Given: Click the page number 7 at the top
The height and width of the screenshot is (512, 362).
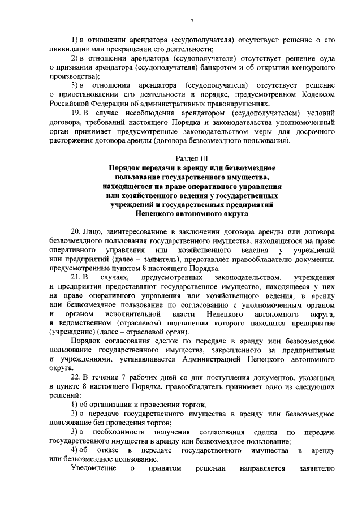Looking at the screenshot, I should (x=192, y=21).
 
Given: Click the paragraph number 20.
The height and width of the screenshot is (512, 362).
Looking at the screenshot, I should (x=76, y=233).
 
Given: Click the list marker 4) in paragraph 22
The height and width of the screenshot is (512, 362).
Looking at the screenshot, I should (x=75, y=450).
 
